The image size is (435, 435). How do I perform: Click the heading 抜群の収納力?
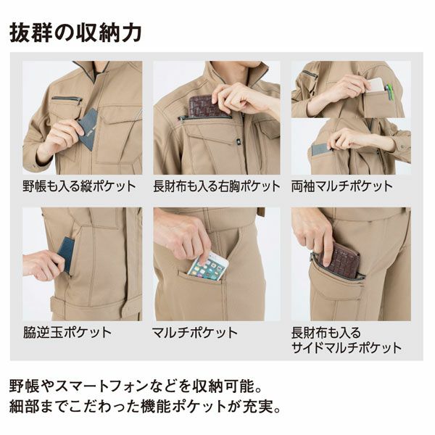click(75, 33)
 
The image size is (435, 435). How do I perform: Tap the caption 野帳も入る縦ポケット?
click(79, 186)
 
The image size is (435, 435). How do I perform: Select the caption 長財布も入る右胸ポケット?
click(217, 186)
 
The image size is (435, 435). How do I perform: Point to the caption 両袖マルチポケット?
click(341, 186)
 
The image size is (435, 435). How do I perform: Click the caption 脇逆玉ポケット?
click(67, 332)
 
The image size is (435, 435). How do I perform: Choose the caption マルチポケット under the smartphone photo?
click(195, 332)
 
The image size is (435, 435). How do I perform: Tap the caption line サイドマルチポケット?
click(347, 347)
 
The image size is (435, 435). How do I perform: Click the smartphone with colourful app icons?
click(207, 267)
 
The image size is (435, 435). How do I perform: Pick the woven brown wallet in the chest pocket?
click(207, 105)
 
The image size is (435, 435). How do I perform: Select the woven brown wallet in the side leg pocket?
click(340, 260)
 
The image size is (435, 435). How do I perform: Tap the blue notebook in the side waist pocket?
click(66, 254)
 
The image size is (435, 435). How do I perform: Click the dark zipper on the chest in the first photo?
click(67, 99)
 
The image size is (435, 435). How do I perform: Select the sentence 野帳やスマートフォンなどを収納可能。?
click(136, 386)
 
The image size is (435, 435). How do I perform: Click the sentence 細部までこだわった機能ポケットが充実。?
click(145, 407)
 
